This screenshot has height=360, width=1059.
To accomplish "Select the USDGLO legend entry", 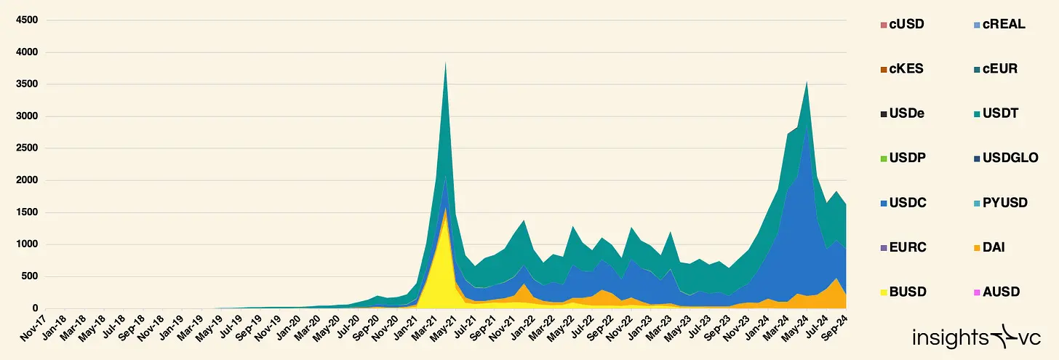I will pyautogui.click(x=1005, y=158).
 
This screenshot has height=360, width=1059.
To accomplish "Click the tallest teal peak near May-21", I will pyautogui.click(x=445, y=63).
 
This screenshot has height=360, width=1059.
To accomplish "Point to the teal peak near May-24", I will pyautogui.click(x=806, y=82).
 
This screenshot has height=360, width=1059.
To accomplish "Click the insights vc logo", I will pyautogui.click(x=980, y=337).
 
